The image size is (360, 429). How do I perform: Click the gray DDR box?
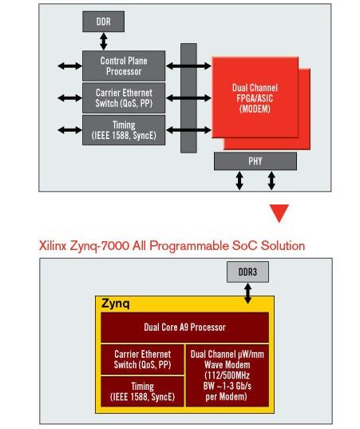(103, 22)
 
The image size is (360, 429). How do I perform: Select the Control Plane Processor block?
(124, 66)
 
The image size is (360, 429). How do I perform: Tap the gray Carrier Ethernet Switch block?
(124, 98)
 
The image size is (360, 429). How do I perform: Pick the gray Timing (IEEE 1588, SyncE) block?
(124, 130)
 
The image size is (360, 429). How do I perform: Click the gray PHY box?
(255, 161)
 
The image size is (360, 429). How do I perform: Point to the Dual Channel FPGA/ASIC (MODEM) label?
(255, 98)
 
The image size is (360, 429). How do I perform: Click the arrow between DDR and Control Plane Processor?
(103, 42)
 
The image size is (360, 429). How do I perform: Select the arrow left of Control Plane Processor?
(69, 66)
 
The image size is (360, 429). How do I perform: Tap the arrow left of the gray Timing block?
(69, 130)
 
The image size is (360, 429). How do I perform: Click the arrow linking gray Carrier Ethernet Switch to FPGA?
(188, 97)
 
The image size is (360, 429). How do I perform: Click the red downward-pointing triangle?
(279, 213)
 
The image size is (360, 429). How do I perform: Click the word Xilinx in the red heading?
(53, 245)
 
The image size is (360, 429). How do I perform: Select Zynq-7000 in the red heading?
(100, 246)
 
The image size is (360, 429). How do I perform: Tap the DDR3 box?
(247, 272)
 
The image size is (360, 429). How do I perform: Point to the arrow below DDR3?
(247, 293)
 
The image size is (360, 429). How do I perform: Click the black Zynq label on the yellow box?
(116, 304)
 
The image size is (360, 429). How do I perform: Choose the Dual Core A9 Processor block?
(184, 328)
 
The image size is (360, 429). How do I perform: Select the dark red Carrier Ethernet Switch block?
(142, 359)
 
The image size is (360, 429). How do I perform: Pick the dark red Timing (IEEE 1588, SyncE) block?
(142, 391)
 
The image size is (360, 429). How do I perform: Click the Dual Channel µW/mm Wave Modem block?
(227, 375)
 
